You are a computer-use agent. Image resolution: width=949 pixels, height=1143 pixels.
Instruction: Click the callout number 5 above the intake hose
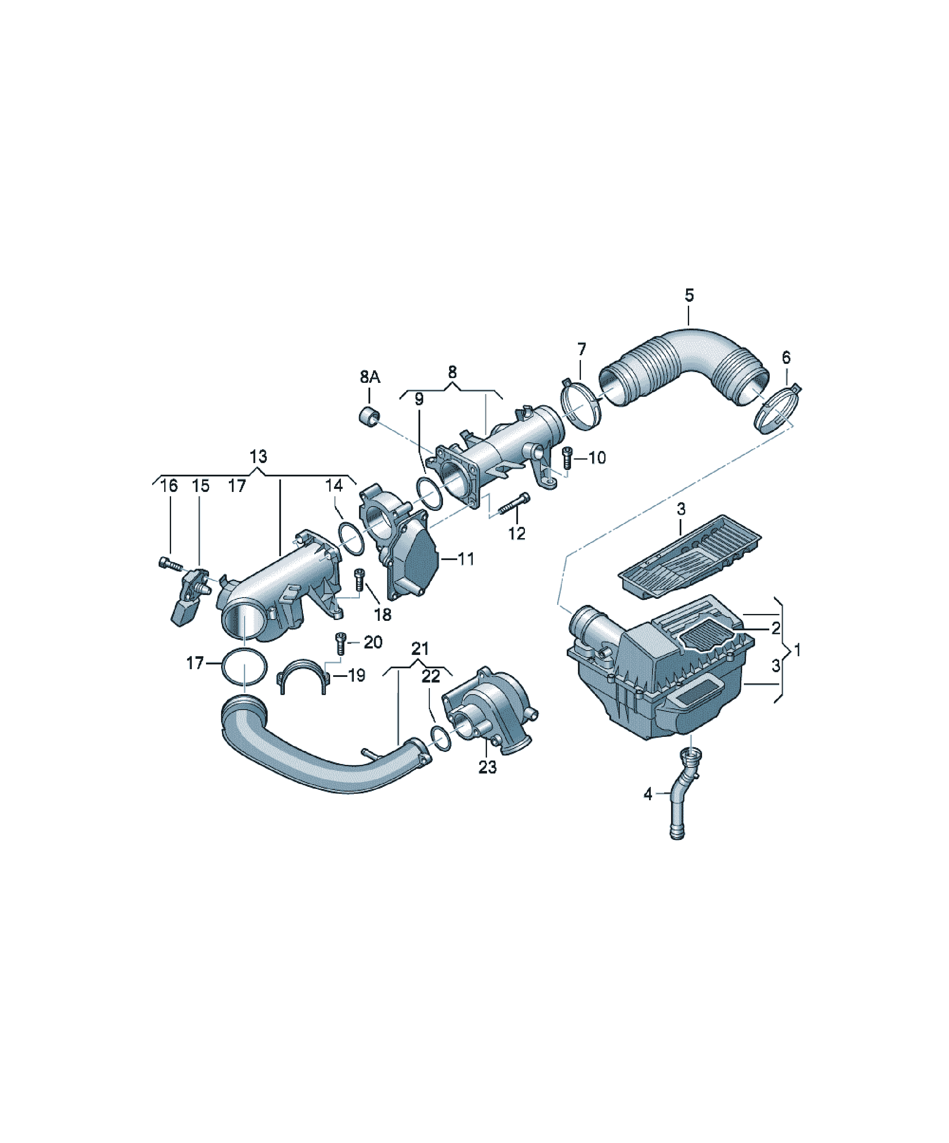pos(689,295)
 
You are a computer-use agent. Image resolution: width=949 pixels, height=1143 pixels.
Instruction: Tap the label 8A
pos(370,377)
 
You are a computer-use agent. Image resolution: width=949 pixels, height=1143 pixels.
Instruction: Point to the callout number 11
pos(466,559)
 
